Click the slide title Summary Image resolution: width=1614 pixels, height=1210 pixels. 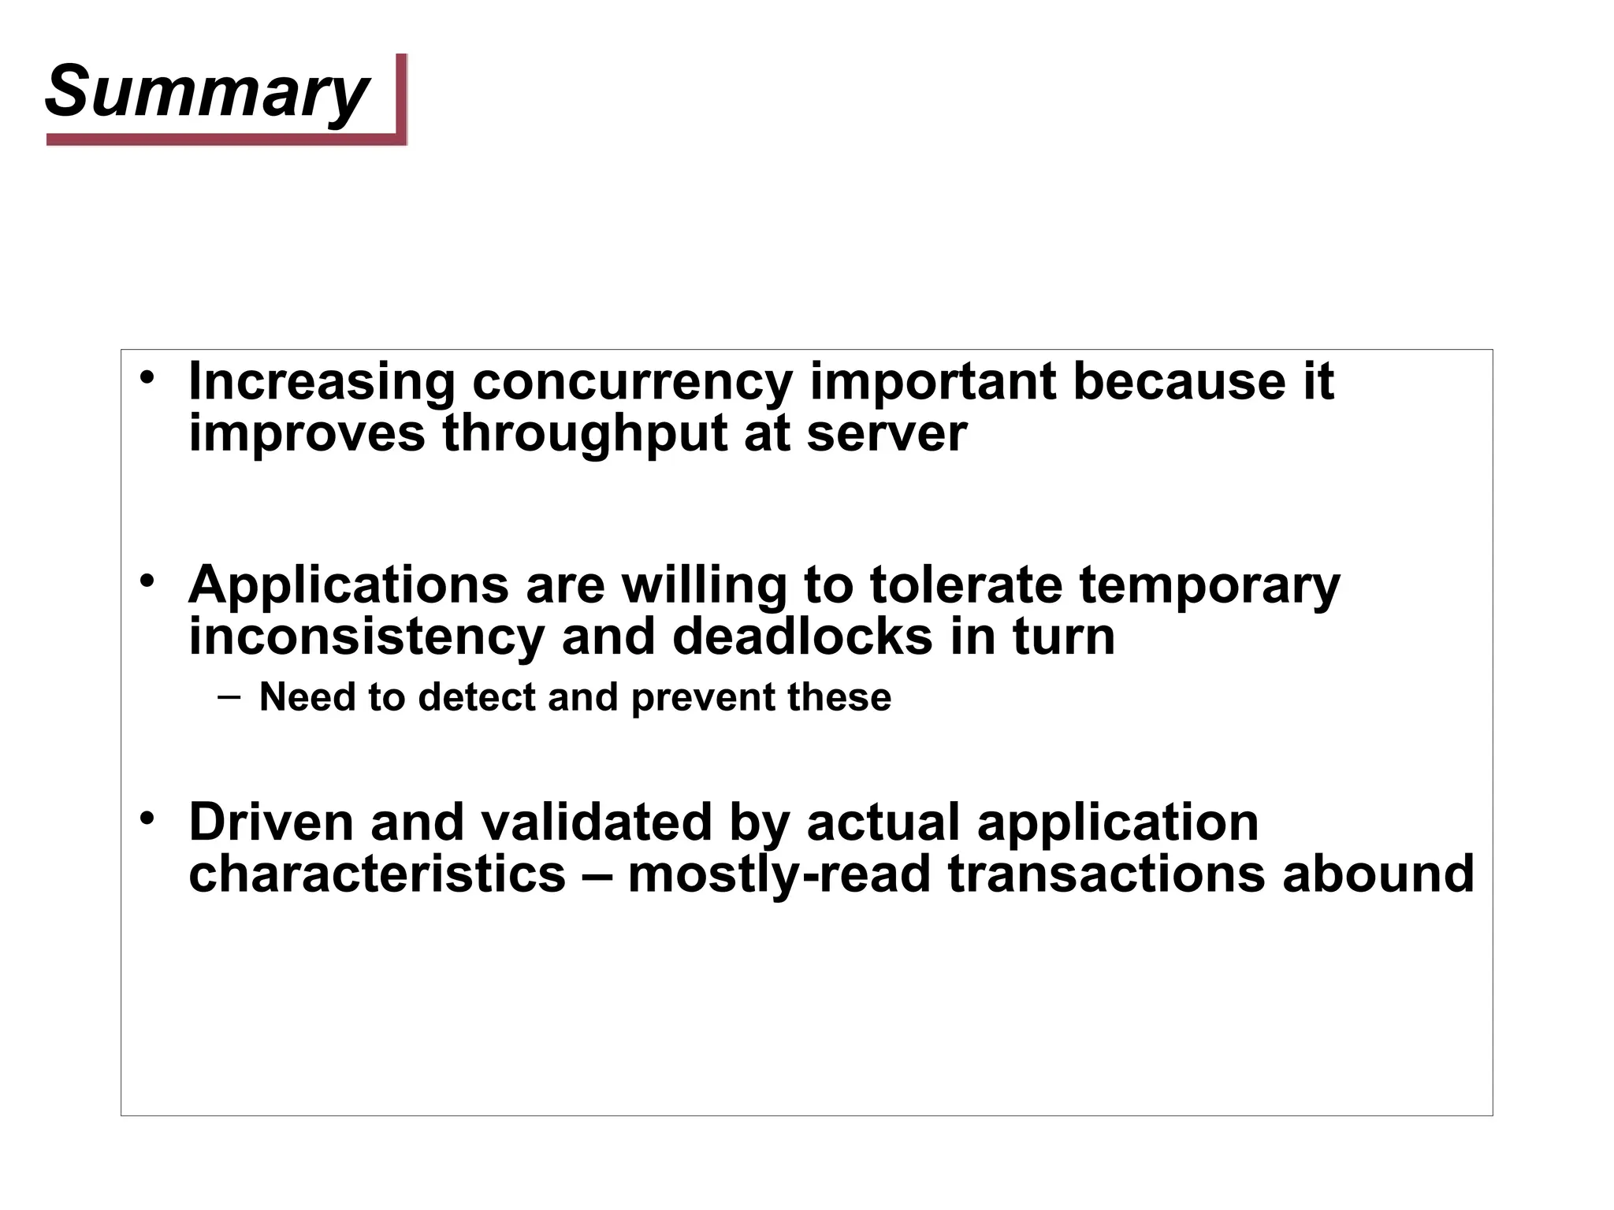206,92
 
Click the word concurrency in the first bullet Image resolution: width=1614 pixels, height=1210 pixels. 632,381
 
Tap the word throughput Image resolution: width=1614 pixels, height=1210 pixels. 584,433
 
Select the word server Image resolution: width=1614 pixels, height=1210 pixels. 886,433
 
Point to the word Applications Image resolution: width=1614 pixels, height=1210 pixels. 348,586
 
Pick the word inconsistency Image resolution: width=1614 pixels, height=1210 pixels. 366,637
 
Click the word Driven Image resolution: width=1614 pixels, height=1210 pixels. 271,822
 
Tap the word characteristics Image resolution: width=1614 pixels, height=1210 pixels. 377,874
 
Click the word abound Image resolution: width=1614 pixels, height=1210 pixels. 1378,874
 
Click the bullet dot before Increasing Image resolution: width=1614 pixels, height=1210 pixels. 147,377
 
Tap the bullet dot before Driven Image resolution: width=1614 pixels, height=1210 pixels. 147,818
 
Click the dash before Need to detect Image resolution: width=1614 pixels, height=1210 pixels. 229,696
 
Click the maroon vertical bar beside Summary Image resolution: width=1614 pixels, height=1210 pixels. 401,95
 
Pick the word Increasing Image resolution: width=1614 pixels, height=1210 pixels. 322,383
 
